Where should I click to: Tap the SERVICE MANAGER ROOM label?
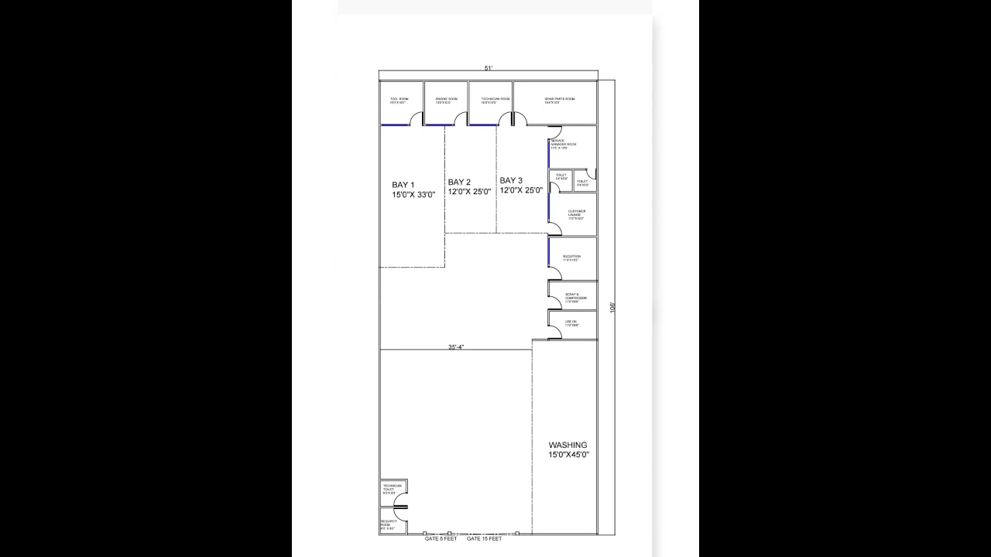pos(564,144)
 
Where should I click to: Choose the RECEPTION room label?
pos(571,258)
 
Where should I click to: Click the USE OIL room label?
pos(571,323)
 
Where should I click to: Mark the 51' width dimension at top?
pos(489,68)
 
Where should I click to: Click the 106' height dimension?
pos(612,307)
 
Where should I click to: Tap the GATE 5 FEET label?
pos(441,538)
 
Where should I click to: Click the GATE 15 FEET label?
pos(485,538)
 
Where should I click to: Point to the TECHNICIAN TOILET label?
pos(392,489)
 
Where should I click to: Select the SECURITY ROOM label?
pos(389,525)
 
